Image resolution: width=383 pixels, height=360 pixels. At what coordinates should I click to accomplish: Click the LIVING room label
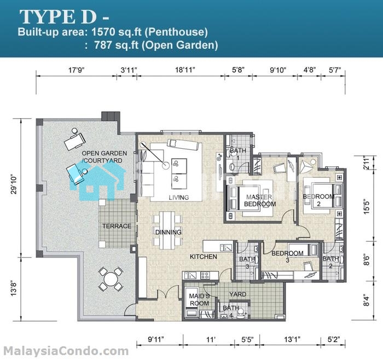click(179, 197)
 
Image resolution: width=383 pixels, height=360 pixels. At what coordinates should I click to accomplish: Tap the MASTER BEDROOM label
click(260, 200)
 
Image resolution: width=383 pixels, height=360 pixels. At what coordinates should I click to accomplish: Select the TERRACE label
click(117, 226)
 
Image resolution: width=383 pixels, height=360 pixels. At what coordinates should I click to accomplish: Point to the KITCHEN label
click(203, 257)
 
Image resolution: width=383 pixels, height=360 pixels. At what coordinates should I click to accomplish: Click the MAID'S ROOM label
click(199, 300)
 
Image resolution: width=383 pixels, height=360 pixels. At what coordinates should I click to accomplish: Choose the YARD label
click(237, 294)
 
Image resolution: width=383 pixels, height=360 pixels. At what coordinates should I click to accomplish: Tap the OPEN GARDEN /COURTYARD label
click(105, 157)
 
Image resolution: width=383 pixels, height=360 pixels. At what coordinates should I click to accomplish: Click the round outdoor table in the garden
click(111, 279)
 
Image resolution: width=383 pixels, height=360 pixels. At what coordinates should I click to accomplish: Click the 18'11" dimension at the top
click(185, 70)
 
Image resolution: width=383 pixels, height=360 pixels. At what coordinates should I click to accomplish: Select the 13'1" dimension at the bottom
click(292, 339)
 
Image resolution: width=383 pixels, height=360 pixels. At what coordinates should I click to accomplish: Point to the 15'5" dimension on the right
click(367, 207)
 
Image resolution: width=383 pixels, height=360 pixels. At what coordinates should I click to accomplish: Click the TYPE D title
click(58, 16)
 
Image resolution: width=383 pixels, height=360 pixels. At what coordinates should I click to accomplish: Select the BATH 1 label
click(238, 154)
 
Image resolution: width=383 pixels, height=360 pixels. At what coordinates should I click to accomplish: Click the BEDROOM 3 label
click(287, 257)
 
